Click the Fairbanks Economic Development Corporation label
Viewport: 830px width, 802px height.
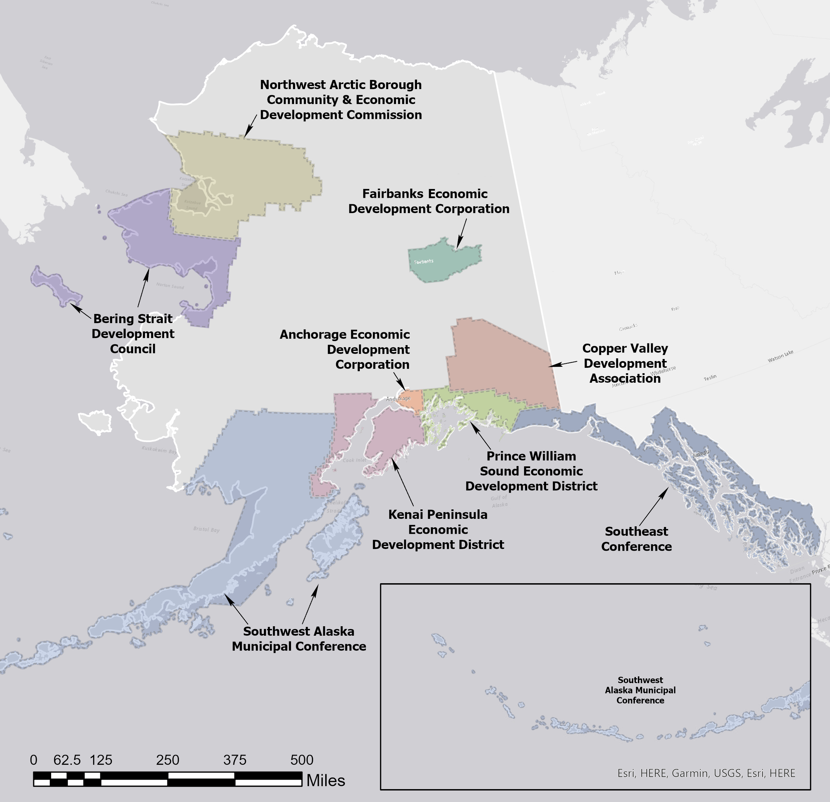tap(428, 201)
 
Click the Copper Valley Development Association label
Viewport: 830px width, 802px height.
tap(625, 363)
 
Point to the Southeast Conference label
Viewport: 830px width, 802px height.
tap(636, 539)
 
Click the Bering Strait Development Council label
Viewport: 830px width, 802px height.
tap(132, 334)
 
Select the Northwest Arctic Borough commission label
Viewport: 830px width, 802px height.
tap(340, 100)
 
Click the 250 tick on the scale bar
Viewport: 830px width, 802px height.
tap(168, 760)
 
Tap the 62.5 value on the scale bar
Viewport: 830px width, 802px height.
tap(67, 760)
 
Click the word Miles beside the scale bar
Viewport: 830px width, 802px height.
tap(325, 780)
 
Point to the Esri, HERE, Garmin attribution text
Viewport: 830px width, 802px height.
tap(706, 773)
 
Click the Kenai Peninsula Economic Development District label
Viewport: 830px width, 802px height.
tap(438, 529)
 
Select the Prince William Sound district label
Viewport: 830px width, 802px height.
tap(531, 471)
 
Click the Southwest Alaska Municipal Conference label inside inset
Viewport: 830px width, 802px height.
tap(640, 690)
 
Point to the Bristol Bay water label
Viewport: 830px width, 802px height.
tap(206, 529)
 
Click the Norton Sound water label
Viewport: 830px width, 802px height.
tap(170, 286)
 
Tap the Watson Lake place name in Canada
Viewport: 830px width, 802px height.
tap(781, 356)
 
